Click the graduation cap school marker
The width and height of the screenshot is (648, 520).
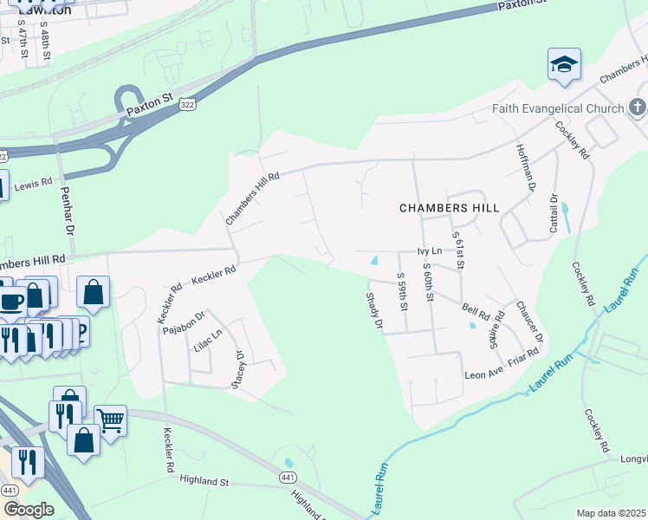coord(563,65)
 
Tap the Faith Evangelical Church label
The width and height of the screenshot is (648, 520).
coord(558,108)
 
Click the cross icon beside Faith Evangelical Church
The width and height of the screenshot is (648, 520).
coord(638,108)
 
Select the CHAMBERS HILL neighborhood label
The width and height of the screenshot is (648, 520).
coord(449,208)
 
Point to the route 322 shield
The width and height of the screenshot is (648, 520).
coord(187,104)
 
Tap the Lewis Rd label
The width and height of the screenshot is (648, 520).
coord(33,184)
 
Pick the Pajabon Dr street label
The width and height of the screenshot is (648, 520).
coord(187,322)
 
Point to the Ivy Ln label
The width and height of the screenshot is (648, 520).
coord(430,251)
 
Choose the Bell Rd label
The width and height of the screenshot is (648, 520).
coord(476,309)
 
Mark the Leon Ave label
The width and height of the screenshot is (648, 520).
coord(483,374)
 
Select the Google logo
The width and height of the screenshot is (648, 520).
coord(29,509)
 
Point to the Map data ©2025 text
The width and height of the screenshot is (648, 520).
coord(611,513)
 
